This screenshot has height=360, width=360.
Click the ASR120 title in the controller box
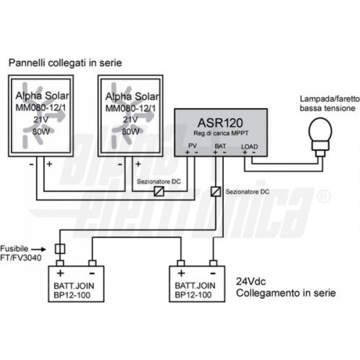220,122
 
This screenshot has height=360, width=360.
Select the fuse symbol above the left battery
60,249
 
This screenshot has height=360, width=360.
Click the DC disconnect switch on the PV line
159,191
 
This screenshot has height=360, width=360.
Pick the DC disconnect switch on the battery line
216,192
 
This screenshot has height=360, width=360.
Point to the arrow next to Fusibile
38,249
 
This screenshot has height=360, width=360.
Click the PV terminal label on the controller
193,146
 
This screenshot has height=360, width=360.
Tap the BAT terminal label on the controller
220,146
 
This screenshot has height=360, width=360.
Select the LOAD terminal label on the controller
250,146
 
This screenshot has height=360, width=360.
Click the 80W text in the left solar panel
41,131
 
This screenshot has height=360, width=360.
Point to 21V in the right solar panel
130,119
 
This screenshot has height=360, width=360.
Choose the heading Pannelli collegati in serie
65,62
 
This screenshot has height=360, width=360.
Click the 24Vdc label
251,281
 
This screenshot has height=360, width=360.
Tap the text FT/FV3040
20,257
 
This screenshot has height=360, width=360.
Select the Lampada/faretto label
330,99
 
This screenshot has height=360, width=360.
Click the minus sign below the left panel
31,164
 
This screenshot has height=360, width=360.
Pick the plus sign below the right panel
138,164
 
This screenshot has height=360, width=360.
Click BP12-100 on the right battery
193,295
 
